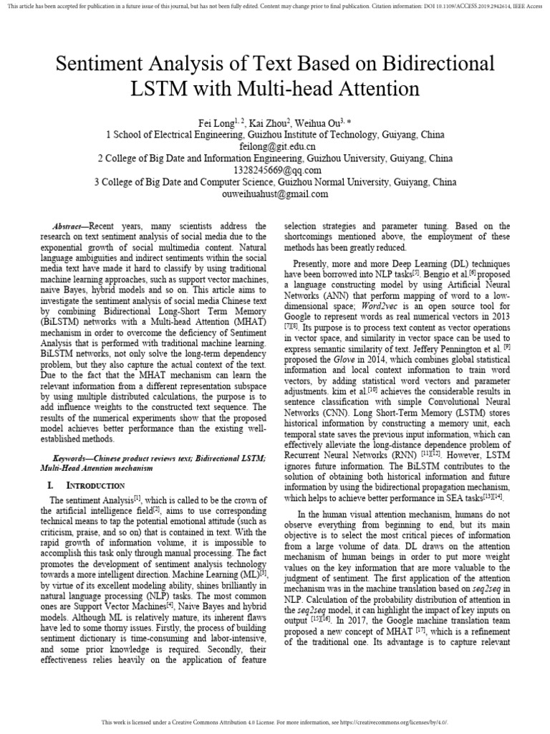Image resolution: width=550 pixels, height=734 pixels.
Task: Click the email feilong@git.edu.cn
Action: click(x=275, y=146)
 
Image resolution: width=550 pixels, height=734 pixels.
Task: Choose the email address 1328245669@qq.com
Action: click(x=275, y=170)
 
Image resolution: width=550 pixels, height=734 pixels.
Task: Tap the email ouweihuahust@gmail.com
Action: click(x=275, y=194)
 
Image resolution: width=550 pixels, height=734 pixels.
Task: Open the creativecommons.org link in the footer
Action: click(x=387, y=722)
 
